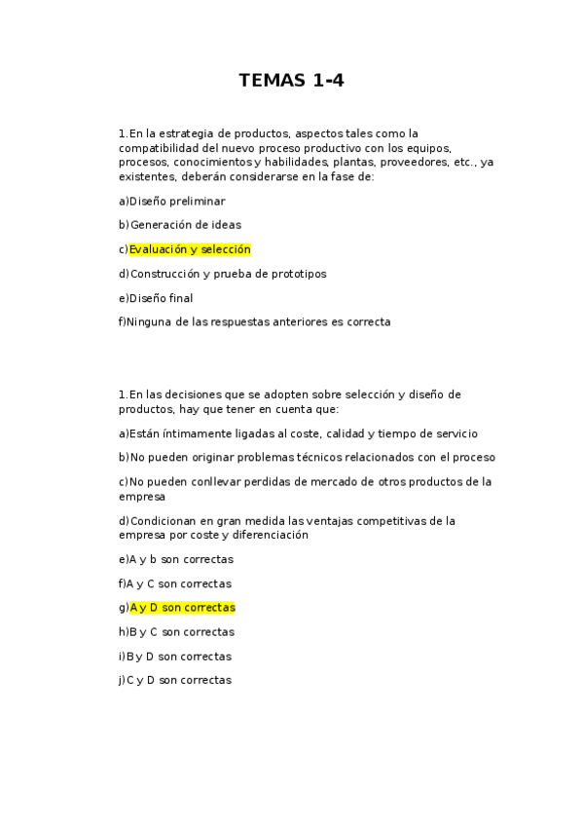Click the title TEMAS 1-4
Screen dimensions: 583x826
[291, 81]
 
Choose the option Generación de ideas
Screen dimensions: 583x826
[185, 225]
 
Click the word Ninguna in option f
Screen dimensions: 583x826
[147, 321]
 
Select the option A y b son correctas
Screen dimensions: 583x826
[180, 559]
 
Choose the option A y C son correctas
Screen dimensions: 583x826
[179, 583]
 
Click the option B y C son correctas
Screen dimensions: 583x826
[181, 632]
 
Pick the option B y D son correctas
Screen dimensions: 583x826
[179, 657]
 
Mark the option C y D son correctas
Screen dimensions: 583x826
[179, 681]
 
